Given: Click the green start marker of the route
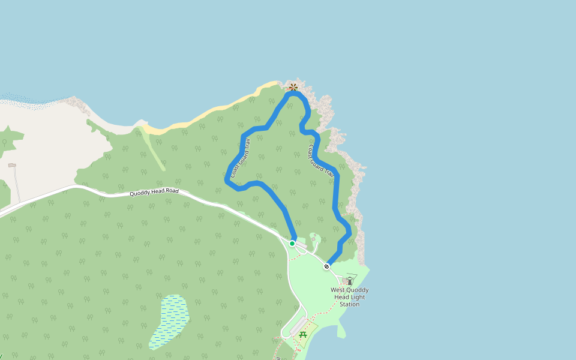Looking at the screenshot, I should pyautogui.click(x=292, y=243).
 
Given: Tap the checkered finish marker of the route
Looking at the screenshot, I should pyautogui.click(x=326, y=266).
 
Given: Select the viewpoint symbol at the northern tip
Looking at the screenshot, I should pyautogui.click(x=293, y=87).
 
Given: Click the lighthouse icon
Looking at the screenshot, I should pyautogui.click(x=350, y=280).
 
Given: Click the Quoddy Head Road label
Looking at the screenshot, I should pyautogui.click(x=154, y=192).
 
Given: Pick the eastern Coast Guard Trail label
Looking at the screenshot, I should pyautogui.click(x=320, y=161).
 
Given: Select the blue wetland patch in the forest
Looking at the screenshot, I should pyautogui.click(x=170, y=321).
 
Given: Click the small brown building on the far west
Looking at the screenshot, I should pyautogui.click(x=12, y=165).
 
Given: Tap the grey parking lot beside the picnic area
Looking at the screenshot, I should pyautogui.click(x=298, y=327).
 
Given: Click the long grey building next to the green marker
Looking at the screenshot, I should pyautogui.click(x=302, y=245).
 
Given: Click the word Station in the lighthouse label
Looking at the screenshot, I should pyautogui.click(x=350, y=304).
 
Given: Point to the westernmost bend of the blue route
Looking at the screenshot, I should pyautogui.click(x=227, y=178).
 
